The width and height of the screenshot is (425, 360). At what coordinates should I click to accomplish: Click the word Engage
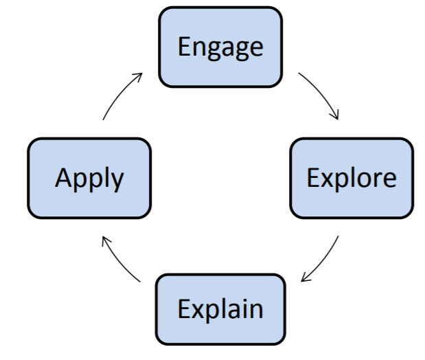pyautogui.click(x=220, y=48)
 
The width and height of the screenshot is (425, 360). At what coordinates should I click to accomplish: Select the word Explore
pyautogui.click(x=352, y=178)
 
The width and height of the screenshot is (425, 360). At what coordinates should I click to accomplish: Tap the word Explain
pyautogui.click(x=220, y=308)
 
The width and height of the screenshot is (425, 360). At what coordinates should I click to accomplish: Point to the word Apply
pyautogui.click(x=89, y=179)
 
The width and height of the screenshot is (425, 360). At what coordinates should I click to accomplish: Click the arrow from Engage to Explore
pyautogui.click(x=321, y=92)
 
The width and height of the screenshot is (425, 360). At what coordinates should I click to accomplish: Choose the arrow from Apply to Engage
pyautogui.click(x=119, y=93)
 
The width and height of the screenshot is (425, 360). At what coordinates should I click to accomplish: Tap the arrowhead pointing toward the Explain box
pyautogui.click(x=305, y=278)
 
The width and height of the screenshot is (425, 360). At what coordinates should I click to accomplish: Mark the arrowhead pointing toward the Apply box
pyautogui.click(x=105, y=240)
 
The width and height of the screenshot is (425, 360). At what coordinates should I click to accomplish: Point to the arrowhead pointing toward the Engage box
pyautogui.click(x=139, y=76)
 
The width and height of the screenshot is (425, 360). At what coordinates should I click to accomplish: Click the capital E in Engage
pyautogui.click(x=184, y=47)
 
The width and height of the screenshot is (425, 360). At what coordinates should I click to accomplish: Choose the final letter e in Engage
pyautogui.click(x=257, y=49)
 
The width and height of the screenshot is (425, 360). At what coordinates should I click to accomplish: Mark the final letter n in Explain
pyautogui.click(x=257, y=311)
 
